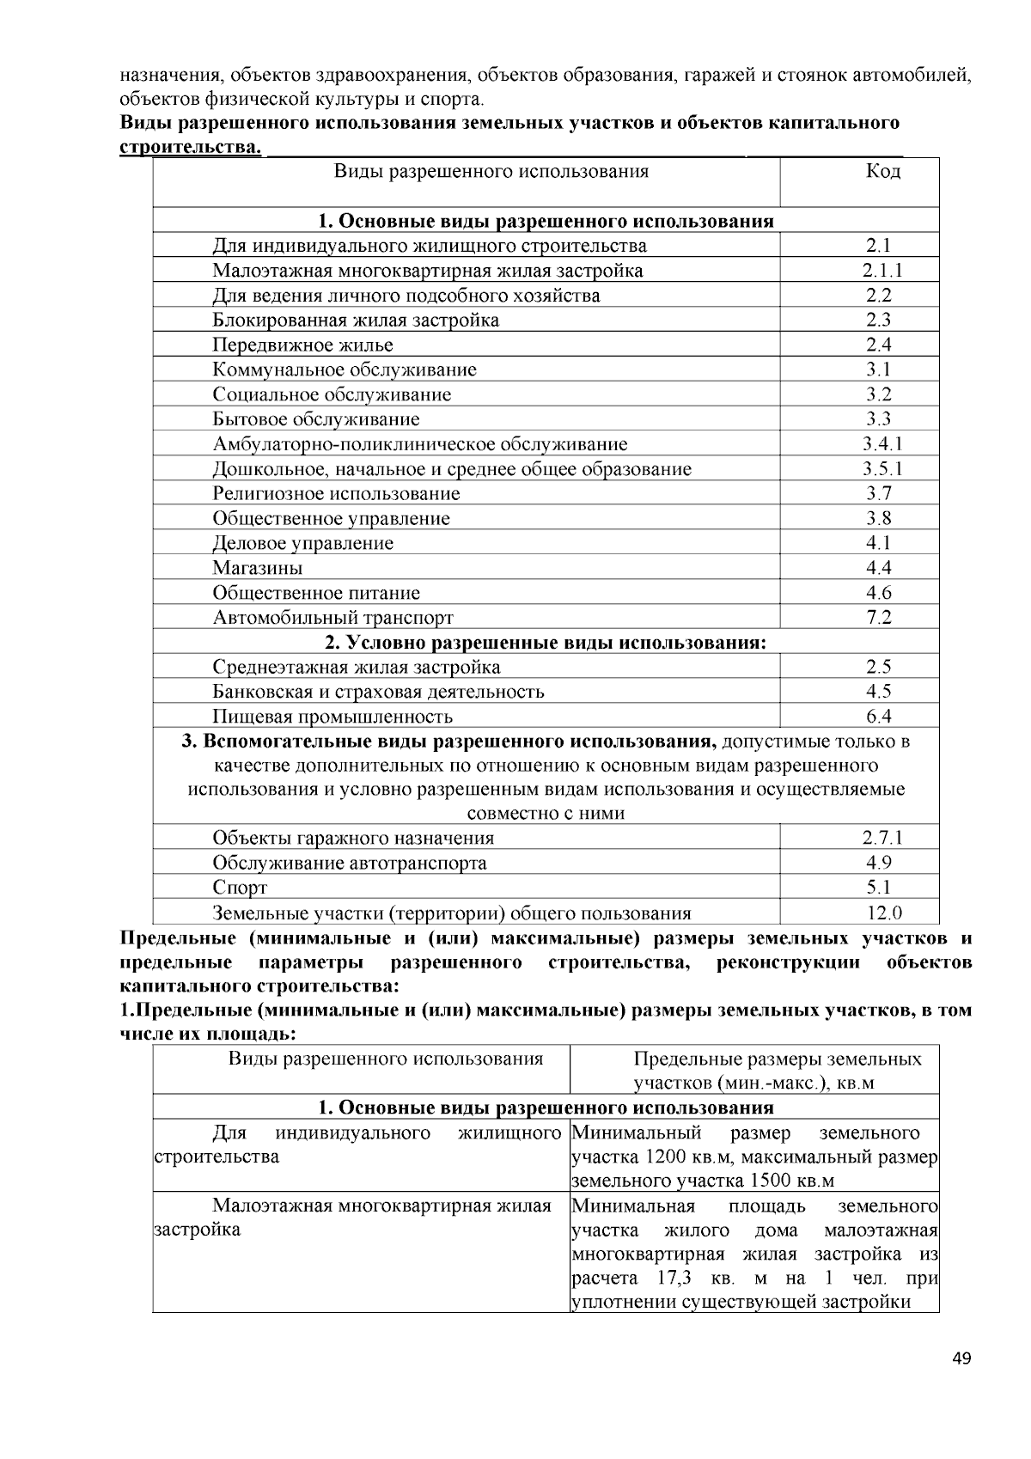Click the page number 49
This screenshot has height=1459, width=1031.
(x=961, y=1358)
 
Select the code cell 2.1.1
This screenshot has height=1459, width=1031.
(x=882, y=271)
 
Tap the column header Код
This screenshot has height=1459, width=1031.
(x=882, y=171)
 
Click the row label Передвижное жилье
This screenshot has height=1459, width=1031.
(x=302, y=345)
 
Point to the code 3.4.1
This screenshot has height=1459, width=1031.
(x=882, y=444)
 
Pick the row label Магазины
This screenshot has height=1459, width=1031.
(x=257, y=568)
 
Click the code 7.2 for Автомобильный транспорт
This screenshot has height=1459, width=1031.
(x=879, y=617)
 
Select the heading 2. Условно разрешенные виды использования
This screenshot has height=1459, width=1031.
(x=545, y=643)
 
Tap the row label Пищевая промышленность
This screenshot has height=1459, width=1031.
(x=332, y=717)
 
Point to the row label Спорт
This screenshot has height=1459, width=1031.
(x=240, y=888)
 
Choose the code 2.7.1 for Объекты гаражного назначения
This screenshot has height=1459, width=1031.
(x=882, y=838)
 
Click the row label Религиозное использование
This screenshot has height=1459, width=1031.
(x=336, y=494)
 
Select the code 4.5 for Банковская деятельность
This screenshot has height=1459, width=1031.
(x=879, y=692)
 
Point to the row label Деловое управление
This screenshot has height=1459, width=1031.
(x=302, y=543)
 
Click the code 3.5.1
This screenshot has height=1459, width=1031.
(x=882, y=469)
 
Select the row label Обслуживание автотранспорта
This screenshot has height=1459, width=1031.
(x=350, y=863)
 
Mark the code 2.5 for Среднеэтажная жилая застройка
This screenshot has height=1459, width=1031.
(x=879, y=667)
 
